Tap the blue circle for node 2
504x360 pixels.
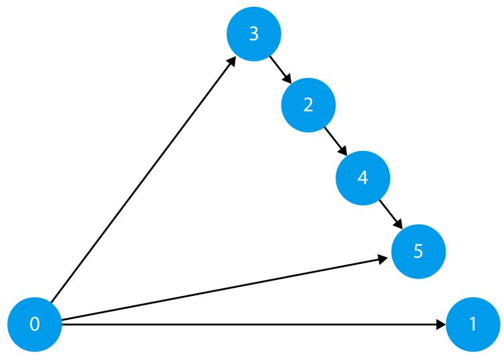(x=308, y=108)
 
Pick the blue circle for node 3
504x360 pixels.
(x=253, y=35)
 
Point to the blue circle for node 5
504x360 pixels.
(x=418, y=252)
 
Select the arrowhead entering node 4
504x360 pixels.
(x=344, y=154)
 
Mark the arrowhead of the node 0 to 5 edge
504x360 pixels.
(x=388, y=258)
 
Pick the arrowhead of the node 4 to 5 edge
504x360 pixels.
(x=398, y=226)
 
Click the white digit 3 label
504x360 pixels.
(x=253, y=35)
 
